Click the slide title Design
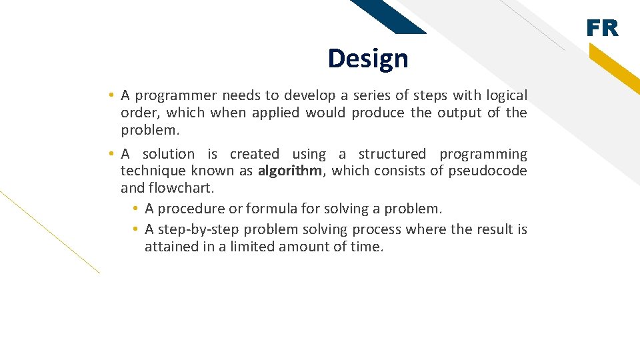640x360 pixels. (x=367, y=59)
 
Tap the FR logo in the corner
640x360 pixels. (x=602, y=29)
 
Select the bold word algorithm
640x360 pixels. (x=289, y=171)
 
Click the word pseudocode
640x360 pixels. (x=487, y=171)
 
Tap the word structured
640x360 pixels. (x=392, y=154)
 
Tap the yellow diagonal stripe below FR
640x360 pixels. (x=616, y=69)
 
